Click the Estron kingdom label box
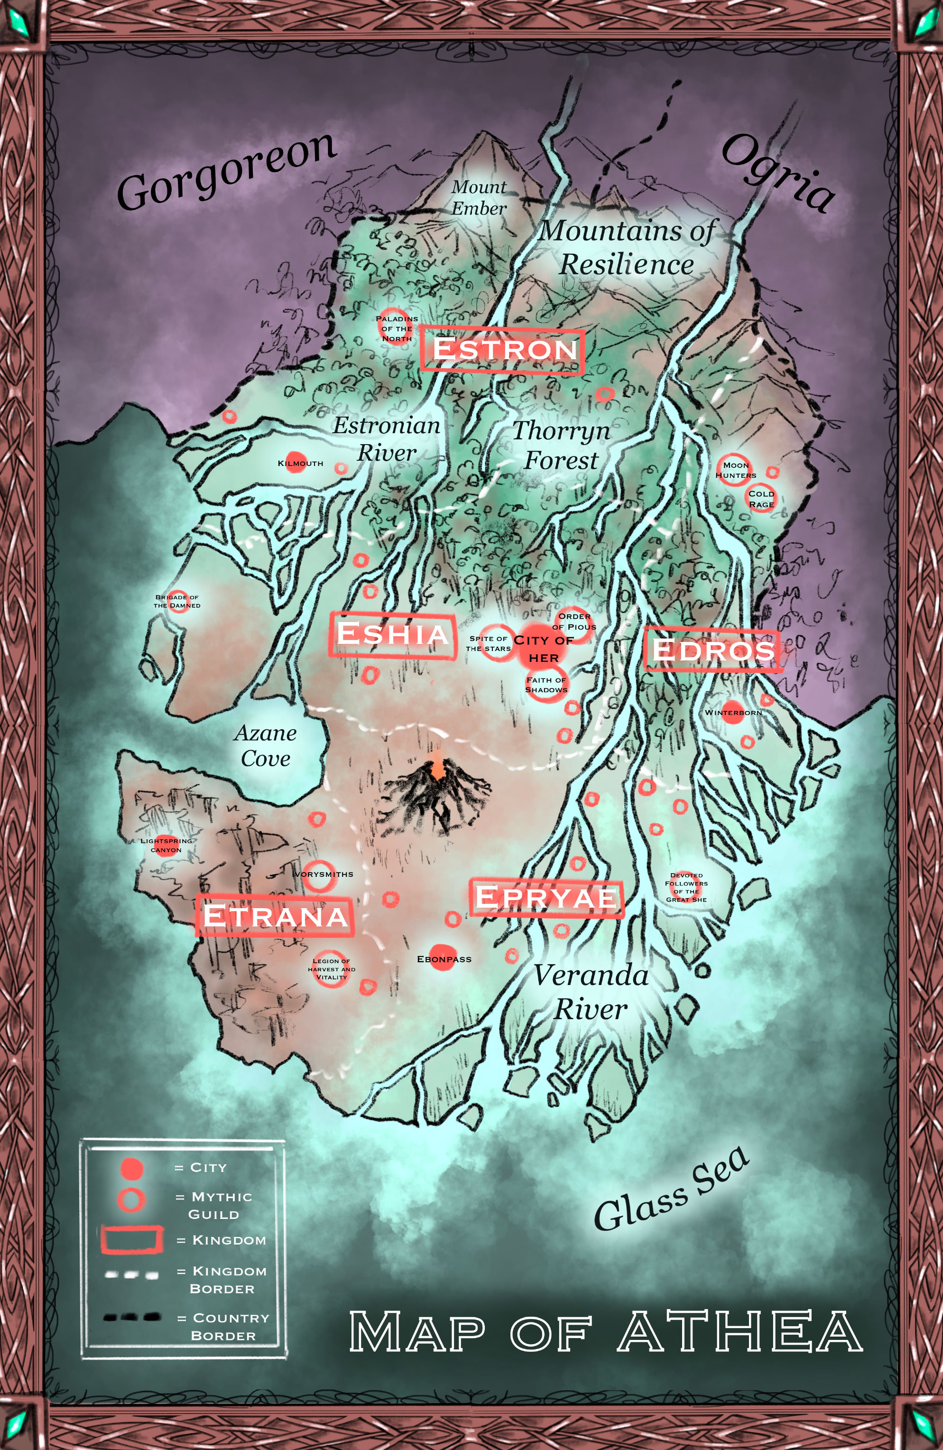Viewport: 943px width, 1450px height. (502, 350)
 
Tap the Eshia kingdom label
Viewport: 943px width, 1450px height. (392, 634)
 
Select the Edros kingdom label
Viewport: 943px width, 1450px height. (713, 650)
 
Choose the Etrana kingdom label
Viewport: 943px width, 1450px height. (275, 916)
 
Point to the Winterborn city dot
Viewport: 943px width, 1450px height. (732, 712)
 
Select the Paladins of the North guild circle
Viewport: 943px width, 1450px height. (396, 328)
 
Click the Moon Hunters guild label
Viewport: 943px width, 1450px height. (735, 470)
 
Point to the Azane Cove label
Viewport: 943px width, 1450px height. (266, 746)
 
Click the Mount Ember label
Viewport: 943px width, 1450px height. (479, 197)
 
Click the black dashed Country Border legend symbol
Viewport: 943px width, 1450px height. (131, 1317)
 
